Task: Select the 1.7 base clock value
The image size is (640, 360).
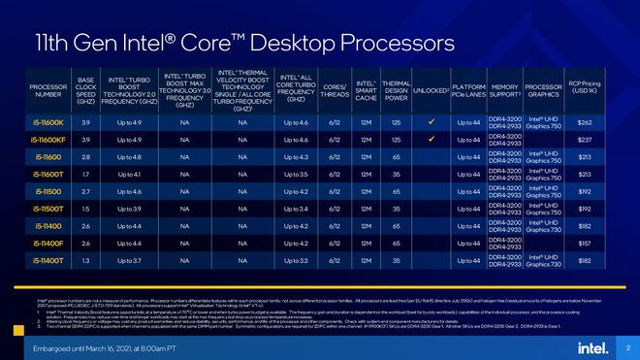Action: click(x=86, y=175)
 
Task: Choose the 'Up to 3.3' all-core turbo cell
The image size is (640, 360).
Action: click(x=297, y=260)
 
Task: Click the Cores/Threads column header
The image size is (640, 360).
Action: click(x=333, y=93)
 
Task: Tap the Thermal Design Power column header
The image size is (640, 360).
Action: click(x=396, y=93)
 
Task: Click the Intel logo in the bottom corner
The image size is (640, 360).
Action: click(x=592, y=347)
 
